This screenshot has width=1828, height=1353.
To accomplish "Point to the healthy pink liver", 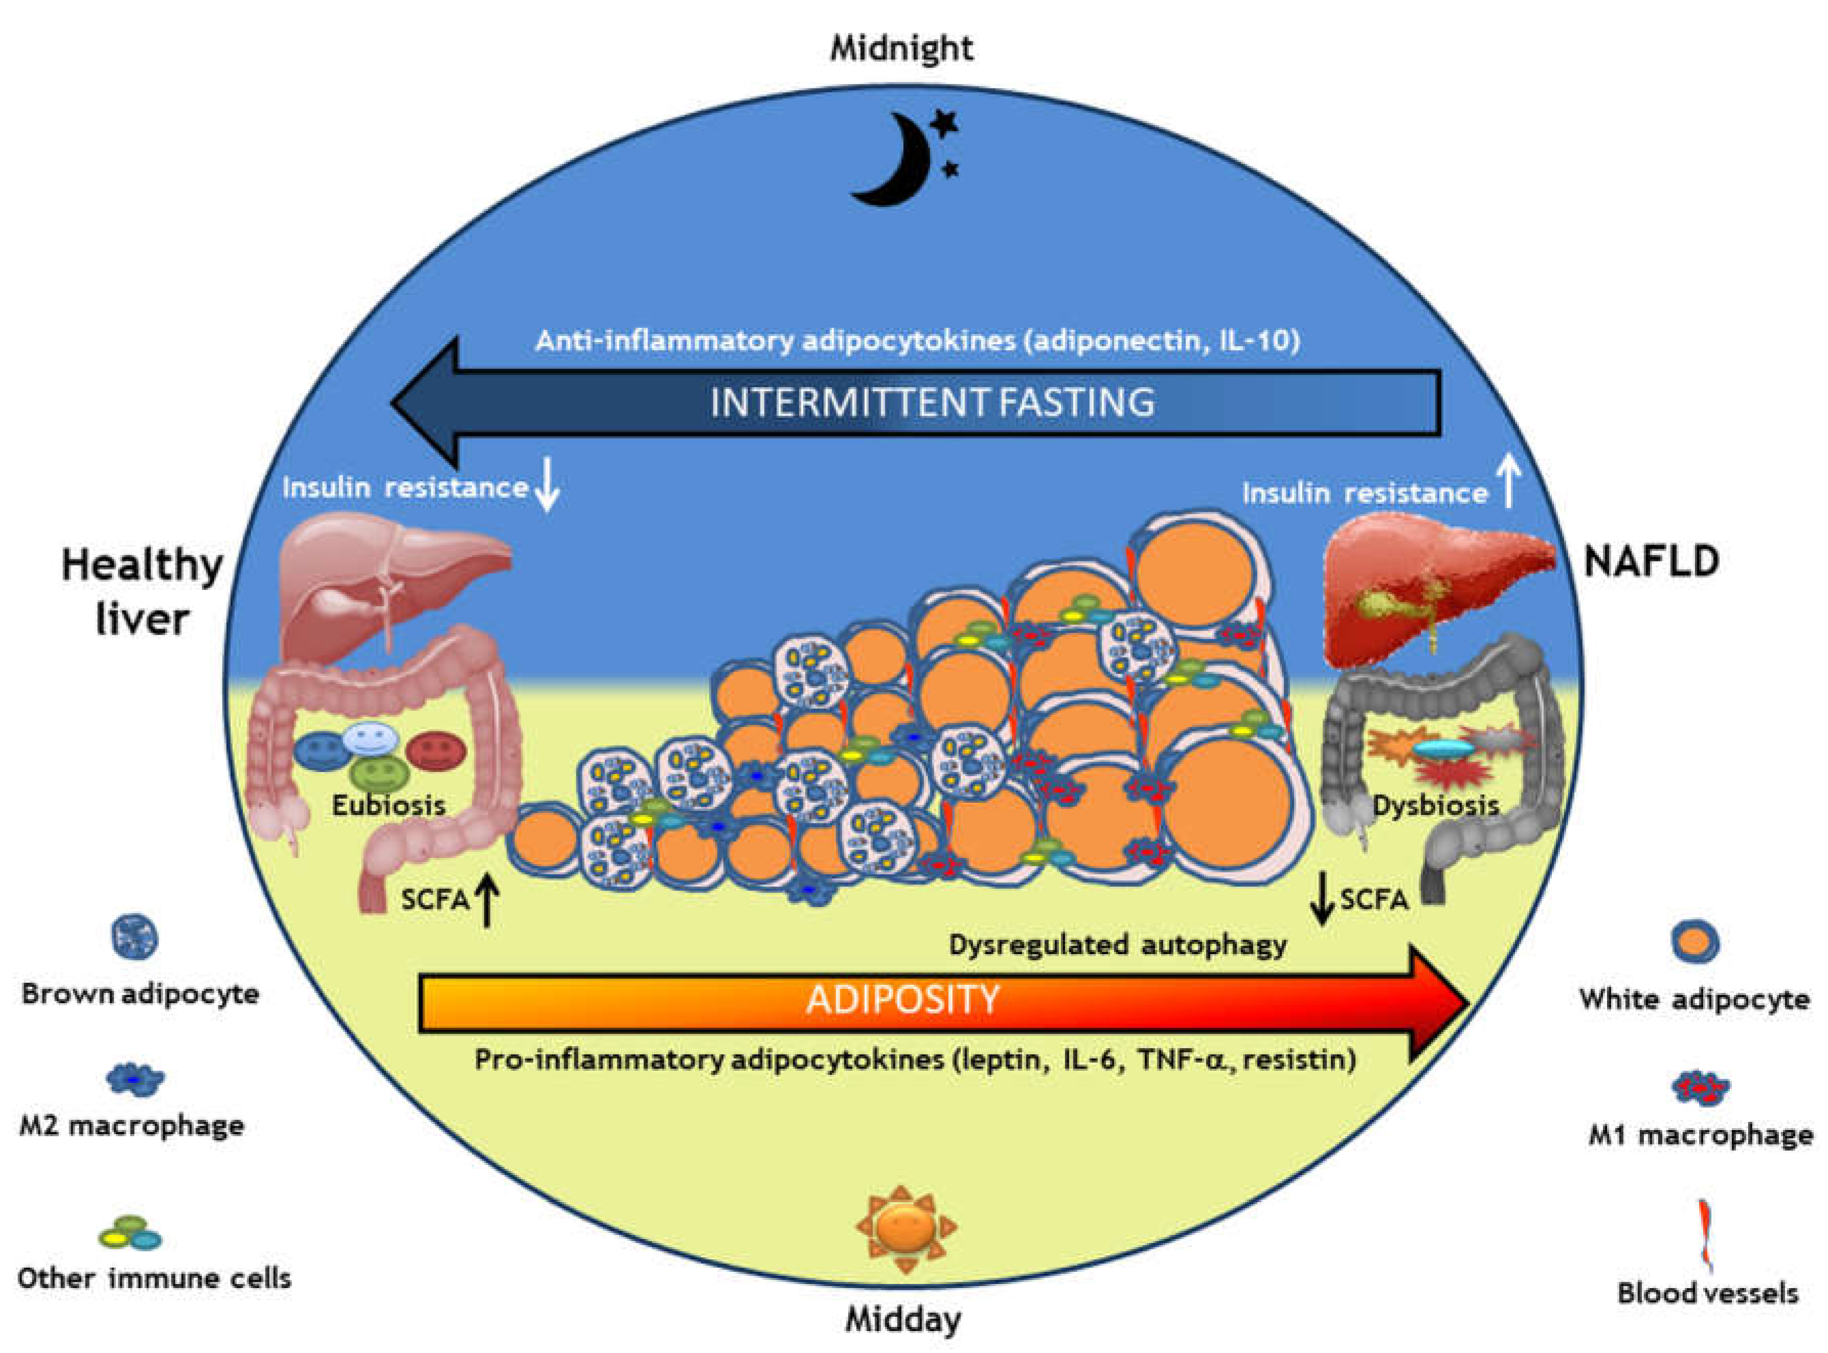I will pyautogui.click(x=385, y=585).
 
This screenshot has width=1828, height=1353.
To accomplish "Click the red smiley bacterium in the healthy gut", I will pyautogui.click(x=436, y=750).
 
